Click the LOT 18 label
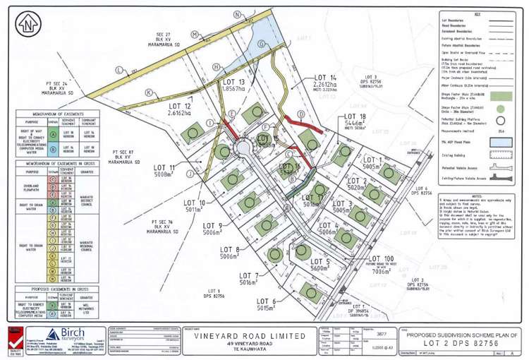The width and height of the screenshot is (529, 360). point(351,117)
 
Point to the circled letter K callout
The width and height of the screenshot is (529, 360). point(148,92)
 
